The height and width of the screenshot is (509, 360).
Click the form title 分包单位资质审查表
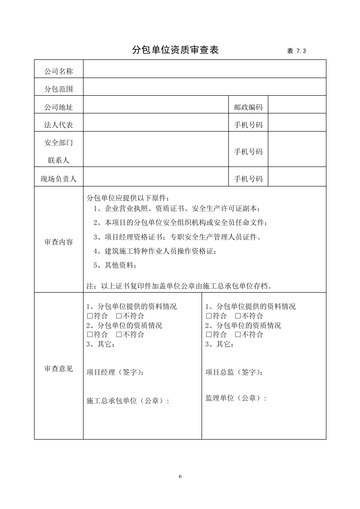175,50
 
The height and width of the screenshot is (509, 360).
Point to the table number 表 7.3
296,51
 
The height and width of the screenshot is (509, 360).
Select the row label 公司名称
59,71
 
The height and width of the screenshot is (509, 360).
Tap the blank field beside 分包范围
204,87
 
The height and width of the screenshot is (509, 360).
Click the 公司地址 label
59,107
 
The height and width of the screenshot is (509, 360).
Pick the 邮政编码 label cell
248,107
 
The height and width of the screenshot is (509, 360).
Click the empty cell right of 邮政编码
297,105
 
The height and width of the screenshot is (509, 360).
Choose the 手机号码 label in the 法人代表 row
248,125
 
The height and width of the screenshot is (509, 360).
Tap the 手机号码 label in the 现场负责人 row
248,179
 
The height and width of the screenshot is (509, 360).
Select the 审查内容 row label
59,242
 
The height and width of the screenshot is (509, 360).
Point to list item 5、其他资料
115,265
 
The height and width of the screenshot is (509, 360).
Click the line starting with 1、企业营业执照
177,209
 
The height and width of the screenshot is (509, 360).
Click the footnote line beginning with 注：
179,286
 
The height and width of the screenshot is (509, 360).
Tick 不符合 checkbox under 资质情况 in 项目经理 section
118,335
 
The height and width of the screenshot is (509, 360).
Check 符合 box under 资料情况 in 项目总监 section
209,316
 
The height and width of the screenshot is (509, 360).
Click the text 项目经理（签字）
116,372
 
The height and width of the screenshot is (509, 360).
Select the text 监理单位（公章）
236,398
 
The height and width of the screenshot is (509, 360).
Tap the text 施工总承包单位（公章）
128,401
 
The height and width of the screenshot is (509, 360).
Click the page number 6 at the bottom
180,476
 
